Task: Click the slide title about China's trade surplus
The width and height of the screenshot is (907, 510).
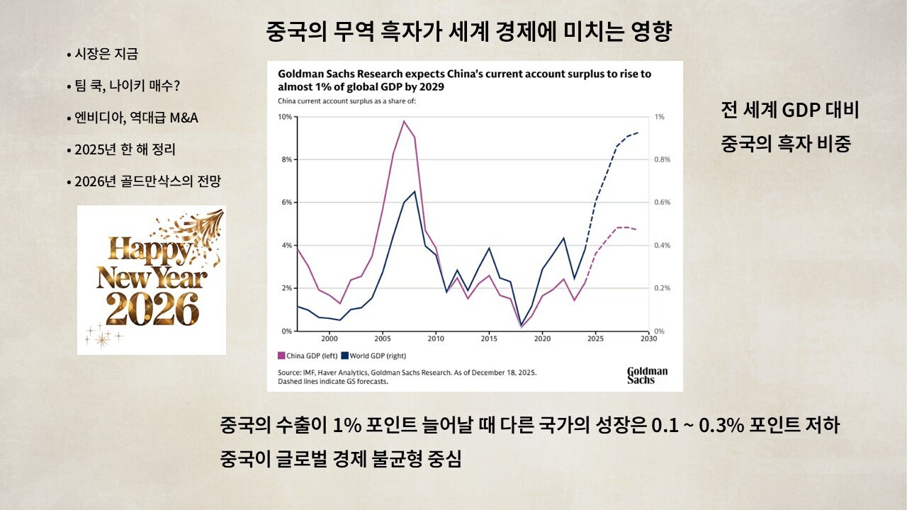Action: [x=469, y=31]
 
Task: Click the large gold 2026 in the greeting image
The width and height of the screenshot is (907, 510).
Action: [x=152, y=310]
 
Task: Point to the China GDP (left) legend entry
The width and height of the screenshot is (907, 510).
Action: [x=308, y=356]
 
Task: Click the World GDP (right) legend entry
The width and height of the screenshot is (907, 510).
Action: [x=373, y=356]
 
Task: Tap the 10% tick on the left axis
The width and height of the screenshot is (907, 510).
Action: [x=285, y=117]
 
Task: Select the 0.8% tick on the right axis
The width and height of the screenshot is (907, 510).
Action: [x=663, y=159]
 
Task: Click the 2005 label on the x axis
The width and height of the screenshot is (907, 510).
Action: [x=383, y=339]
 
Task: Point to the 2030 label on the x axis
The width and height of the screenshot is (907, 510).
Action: [x=648, y=339]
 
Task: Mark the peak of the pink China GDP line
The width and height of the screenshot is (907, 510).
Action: [x=404, y=121]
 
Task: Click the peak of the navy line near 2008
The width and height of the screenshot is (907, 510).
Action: [x=415, y=191]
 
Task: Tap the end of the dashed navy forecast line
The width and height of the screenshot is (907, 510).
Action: [x=638, y=132]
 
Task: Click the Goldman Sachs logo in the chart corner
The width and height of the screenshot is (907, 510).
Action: [x=648, y=375]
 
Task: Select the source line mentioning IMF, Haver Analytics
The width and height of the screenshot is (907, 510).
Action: [x=407, y=373]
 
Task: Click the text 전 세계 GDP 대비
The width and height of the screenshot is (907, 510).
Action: [x=789, y=110]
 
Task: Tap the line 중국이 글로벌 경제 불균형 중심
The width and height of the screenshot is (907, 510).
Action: [x=341, y=458]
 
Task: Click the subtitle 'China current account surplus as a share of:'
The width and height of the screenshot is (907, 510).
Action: [x=347, y=101]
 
